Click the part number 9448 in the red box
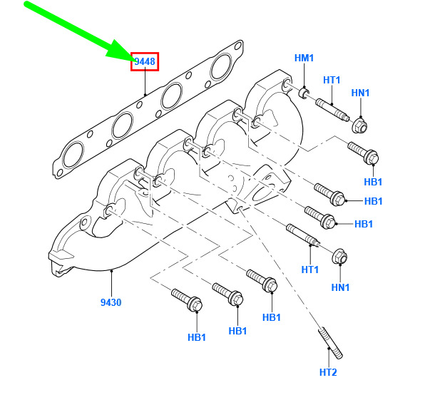[145, 61]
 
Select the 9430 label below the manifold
[111, 302]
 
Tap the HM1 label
[304, 58]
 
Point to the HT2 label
[328, 372]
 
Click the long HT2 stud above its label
[330, 343]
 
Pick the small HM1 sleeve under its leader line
[304, 93]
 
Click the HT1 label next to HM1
[332, 80]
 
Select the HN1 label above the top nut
[360, 93]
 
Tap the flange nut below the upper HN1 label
[359, 126]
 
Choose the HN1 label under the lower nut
[340, 287]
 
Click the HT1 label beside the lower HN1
[310, 270]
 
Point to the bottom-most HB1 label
[197, 337]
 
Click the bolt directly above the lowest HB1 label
[187, 300]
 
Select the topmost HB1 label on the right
[373, 182]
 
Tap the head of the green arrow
[121, 51]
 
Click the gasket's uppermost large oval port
[221, 66]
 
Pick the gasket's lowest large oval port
[73, 155]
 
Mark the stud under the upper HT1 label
[332, 110]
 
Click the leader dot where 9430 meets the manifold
[111, 271]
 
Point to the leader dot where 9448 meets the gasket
[145, 95]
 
